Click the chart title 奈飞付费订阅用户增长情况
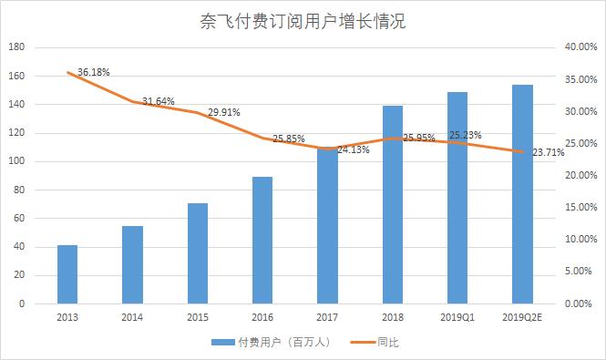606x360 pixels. click(302, 21)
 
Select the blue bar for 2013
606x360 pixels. click(67, 273)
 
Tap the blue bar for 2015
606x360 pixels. click(198, 252)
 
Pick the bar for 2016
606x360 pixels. click(262, 240)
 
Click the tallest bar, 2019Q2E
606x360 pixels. click(522, 193)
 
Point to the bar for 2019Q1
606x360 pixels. click(457, 197)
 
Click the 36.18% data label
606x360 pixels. click(95, 71)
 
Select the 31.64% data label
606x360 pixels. click(159, 101)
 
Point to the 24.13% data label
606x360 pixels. click(354, 149)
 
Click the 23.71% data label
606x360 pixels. click(550, 152)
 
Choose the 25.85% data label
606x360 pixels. click(288, 139)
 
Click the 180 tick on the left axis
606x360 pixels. click(17, 47)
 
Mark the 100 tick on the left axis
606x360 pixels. click(17, 161)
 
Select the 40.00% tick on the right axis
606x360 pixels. click(580, 47)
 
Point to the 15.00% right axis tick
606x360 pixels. click(580, 207)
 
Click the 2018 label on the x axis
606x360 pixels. click(393, 317)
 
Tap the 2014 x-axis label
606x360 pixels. click(132, 317)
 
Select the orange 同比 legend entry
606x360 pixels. click(385, 343)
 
